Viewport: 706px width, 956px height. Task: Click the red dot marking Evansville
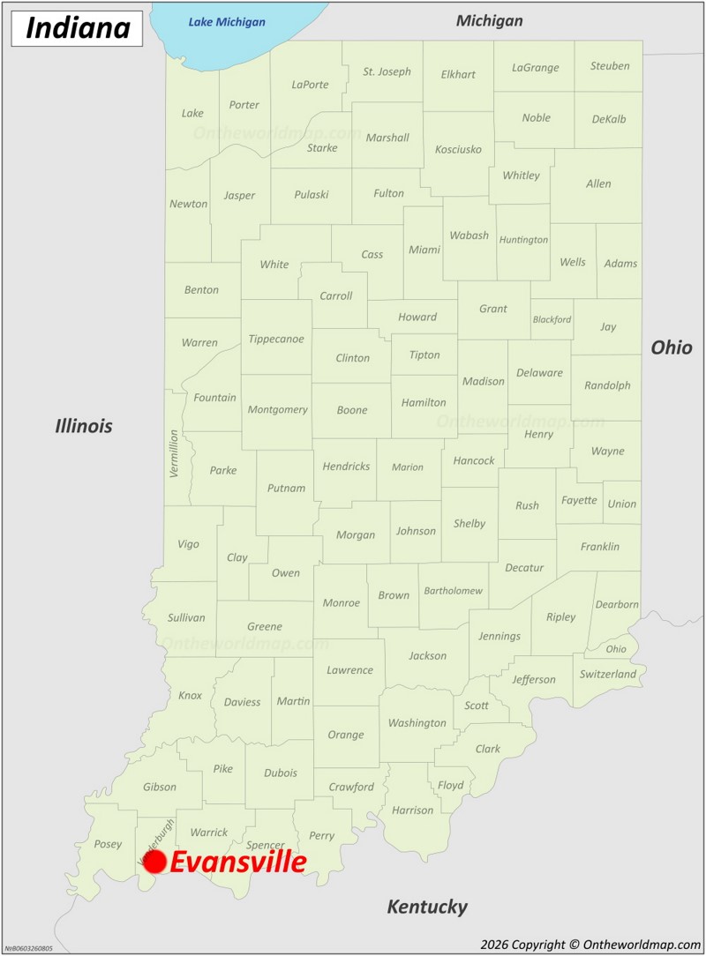(x=154, y=863)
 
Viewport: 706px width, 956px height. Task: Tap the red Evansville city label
(x=237, y=863)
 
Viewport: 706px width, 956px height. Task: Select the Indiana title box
(x=78, y=28)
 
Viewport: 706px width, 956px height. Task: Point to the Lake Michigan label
(x=227, y=21)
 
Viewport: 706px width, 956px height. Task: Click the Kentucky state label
(x=427, y=907)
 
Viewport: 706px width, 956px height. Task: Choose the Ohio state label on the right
(x=672, y=347)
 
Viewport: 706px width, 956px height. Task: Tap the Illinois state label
(x=84, y=427)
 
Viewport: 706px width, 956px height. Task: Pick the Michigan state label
(x=489, y=20)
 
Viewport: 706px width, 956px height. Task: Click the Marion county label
(x=408, y=467)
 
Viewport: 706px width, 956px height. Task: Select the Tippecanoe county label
(x=276, y=339)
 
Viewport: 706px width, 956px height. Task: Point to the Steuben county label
(x=610, y=66)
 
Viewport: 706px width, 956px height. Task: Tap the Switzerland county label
(x=608, y=675)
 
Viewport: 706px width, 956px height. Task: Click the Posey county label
(x=108, y=844)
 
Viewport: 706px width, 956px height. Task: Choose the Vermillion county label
(x=174, y=453)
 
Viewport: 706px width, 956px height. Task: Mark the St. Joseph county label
(x=387, y=71)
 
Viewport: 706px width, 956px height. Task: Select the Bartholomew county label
(x=453, y=591)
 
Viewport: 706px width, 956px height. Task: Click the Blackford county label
(x=552, y=319)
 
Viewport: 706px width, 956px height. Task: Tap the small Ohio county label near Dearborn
(x=616, y=649)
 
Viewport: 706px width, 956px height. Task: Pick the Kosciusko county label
(x=459, y=150)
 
